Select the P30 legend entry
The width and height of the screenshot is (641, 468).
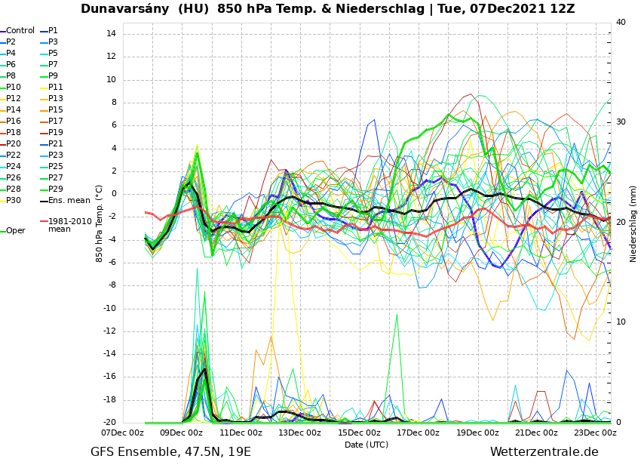pos(14,201)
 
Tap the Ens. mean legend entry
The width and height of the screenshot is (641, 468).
pos(69,201)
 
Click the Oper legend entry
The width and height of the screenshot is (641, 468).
pos(15,231)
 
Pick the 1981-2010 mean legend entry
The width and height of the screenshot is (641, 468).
pos(69,225)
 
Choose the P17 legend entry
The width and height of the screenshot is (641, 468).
pos(56,122)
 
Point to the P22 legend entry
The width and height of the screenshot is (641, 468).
pos(14,155)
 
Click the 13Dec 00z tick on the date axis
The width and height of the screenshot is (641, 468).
pos(299,433)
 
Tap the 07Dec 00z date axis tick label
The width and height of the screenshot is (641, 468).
pos(122,433)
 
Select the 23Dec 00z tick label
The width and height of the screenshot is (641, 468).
pos(595,433)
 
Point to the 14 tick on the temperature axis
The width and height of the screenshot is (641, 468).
pos(110,34)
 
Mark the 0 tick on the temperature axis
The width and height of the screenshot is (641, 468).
pos(112,194)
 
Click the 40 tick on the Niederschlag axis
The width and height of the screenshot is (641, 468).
pos(621,23)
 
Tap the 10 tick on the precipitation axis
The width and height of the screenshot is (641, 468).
pos(621,322)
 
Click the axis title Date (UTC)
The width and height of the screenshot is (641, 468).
pos(366,445)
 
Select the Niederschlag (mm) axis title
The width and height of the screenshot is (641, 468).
pos(633,223)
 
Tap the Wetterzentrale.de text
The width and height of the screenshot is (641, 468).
pos(544,452)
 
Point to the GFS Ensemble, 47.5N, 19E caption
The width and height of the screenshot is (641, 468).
pos(170,452)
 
